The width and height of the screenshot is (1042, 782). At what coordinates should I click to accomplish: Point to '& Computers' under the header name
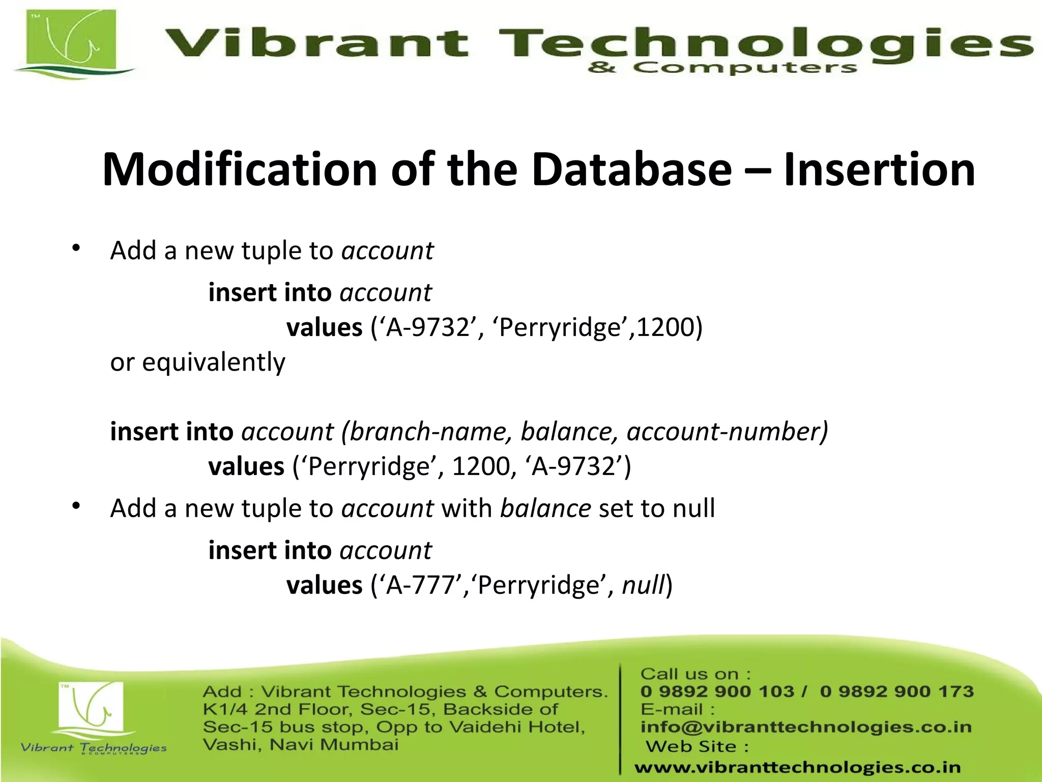pyautogui.click(x=722, y=68)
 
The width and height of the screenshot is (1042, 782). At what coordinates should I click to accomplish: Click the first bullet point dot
pyautogui.click(x=76, y=248)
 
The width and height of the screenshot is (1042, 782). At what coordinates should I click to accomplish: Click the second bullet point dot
pyautogui.click(x=76, y=506)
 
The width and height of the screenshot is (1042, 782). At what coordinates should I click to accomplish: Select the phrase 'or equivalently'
pyautogui.click(x=197, y=362)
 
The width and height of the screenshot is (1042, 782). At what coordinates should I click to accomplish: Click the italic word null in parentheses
pyautogui.click(x=643, y=585)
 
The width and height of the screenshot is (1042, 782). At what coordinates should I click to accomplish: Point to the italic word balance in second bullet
pyautogui.click(x=545, y=509)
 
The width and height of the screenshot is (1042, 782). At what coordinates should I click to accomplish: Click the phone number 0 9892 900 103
pyautogui.click(x=717, y=691)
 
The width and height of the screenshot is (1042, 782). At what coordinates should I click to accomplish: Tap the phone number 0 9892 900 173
pyautogui.click(x=896, y=691)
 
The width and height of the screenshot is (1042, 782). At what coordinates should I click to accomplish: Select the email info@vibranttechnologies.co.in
pyautogui.click(x=805, y=727)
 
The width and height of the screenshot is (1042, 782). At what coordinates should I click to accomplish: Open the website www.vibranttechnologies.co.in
pyautogui.click(x=797, y=767)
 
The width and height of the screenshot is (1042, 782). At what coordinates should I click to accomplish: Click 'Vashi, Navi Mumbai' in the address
pyautogui.click(x=300, y=745)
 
